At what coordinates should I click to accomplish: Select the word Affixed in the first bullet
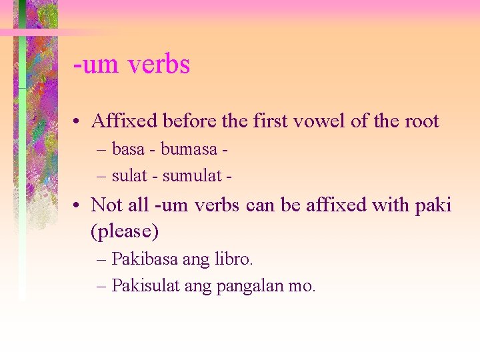[124, 121]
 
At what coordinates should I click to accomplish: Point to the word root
[421, 121]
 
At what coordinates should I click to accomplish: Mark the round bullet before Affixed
[78, 122]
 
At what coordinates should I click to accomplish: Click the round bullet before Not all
[78, 205]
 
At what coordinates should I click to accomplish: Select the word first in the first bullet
[270, 121]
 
